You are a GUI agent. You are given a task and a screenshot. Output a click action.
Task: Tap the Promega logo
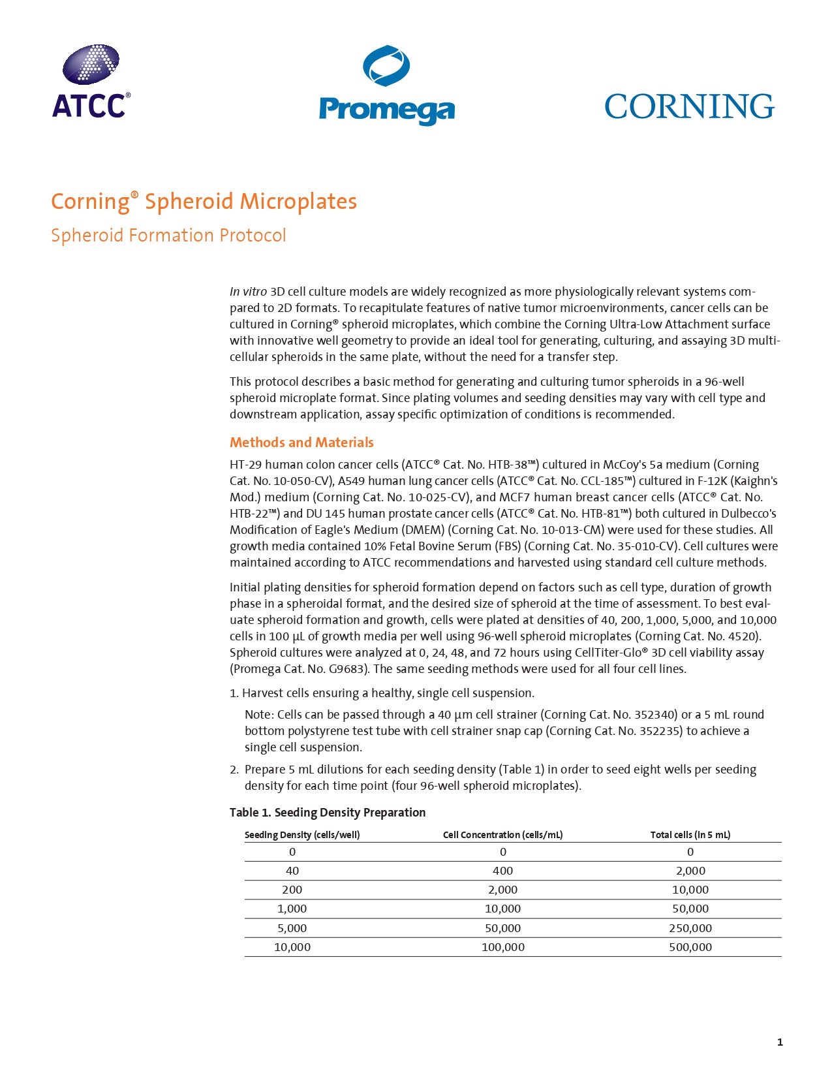[x=386, y=86]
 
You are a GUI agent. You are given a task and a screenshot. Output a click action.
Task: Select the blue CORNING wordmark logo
[x=689, y=106]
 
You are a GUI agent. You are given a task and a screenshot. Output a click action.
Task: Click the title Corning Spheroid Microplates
[x=204, y=202]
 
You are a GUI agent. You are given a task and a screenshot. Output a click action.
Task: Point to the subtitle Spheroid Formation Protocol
[x=168, y=236]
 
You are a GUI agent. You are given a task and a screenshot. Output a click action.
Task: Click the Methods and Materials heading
[x=301, y=443]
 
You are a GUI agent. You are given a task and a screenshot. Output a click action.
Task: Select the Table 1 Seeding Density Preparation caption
[x=328, y=813]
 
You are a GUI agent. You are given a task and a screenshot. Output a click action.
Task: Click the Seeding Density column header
[x=302, y=835]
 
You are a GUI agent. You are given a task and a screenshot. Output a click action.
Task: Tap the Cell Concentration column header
[x=502, y=835]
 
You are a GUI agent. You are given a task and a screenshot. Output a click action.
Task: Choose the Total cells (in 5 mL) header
[x=690, y=835]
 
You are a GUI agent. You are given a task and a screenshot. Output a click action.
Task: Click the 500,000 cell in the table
[x=690, y=947]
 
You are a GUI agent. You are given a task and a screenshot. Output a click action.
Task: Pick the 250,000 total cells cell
[x=690, y=928]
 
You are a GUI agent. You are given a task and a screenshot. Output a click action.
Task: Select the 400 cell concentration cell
[x=502, y=871]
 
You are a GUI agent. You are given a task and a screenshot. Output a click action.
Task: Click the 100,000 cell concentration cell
[x=502, y=947]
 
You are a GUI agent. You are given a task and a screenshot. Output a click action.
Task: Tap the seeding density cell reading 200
[x=292, y=890]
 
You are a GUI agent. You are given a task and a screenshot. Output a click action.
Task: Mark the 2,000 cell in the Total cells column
[x=690, y=871]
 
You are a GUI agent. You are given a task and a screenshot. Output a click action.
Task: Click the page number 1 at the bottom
[x=780, y=1042]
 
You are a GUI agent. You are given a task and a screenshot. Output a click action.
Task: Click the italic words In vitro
[x=248, y=292]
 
